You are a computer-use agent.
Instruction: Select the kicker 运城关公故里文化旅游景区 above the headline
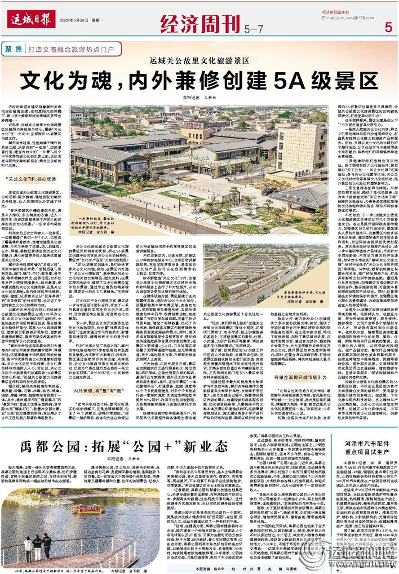[x=199, y=60]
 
